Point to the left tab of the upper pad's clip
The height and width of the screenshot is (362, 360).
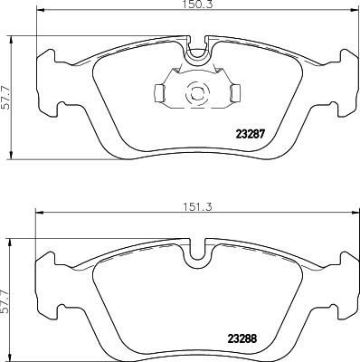click(158, 92)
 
